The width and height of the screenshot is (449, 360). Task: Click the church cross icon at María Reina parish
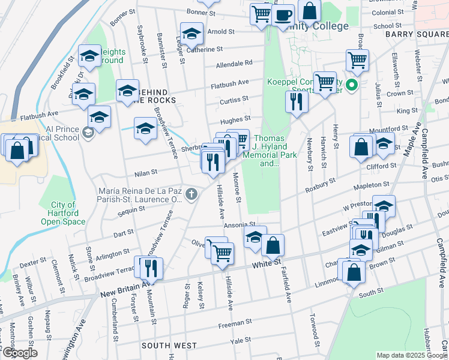coord(191,193)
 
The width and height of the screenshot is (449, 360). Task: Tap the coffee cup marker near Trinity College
coord(283,15)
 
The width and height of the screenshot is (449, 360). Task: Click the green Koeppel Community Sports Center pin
coord(353,85)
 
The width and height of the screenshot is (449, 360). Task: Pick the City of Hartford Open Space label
coord(63,214)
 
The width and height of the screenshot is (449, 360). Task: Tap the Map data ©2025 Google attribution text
coord(411,355)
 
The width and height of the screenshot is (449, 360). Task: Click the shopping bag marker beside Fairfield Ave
coord(273,245)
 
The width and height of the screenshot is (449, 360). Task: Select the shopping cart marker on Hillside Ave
coord(223,253)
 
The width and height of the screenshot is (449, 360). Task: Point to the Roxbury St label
coord(318,183)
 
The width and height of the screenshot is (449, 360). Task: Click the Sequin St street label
coord(131,209)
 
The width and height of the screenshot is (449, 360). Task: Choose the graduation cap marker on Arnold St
coord(191,33)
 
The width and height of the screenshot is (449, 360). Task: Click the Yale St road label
coord(241,340)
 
